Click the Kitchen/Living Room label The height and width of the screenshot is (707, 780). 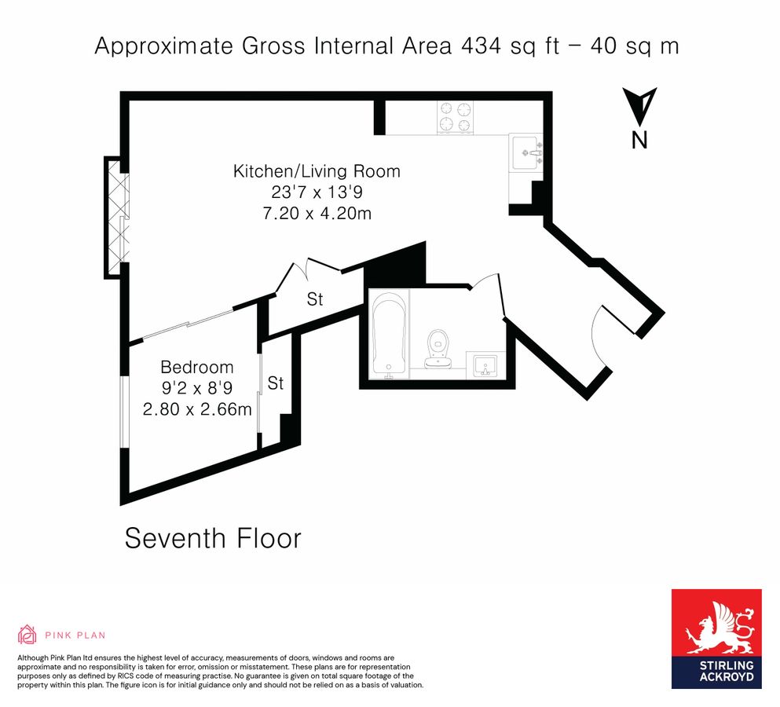pos(317,170)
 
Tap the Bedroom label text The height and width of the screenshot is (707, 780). pos(196,367)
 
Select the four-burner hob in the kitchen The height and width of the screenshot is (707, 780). pos(456,116)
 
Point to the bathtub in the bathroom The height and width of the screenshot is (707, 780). pos(389,334)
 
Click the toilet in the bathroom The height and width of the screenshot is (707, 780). pos(438,348)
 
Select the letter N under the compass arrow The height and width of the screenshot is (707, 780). pos(640,141)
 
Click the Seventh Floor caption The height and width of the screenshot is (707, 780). pos(213,539)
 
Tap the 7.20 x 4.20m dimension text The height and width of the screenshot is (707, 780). pos(317,213)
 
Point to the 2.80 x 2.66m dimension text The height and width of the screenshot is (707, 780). pos(196,409)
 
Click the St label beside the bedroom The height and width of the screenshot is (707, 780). pos(275,383)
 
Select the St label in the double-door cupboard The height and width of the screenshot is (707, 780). pos(315,299)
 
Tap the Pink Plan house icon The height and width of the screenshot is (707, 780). pos(27,634)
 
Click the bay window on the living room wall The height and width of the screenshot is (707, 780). pos(116,217)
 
